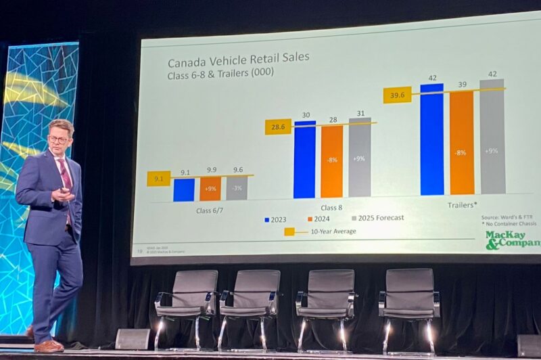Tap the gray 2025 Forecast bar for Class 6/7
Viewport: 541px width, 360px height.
[x=237, y=188]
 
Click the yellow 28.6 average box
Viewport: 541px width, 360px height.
[x=278, y=127]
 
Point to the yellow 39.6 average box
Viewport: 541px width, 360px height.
[x=397, y=95]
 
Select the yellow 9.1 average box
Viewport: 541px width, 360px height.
[x=158, y=179]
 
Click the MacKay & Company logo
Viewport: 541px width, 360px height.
[x=513, y=240]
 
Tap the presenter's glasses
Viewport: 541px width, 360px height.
[x=59, y=139]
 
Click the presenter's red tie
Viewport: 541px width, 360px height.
[x=66, y=177]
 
